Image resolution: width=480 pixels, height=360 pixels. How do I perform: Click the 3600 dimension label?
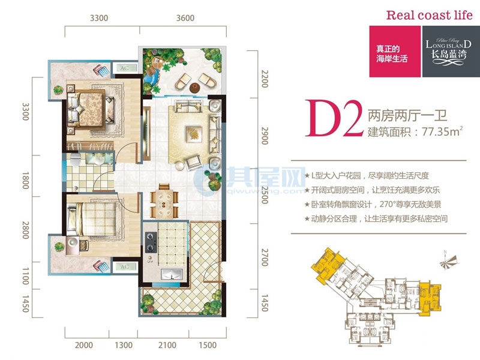point(185,18)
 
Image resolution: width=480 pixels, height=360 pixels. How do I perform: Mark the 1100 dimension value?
point(25,278)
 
